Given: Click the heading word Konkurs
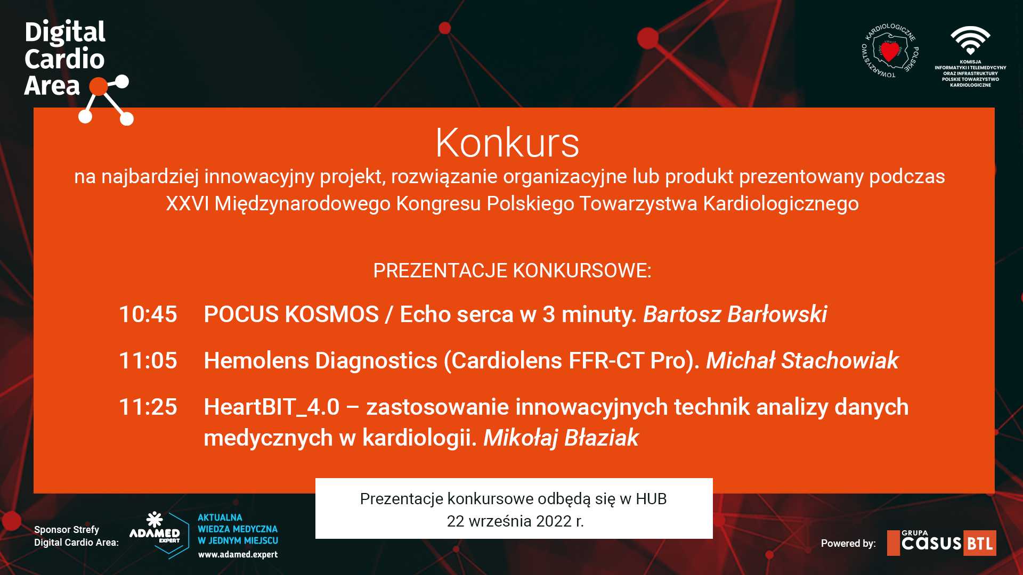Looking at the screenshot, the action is pos(507,143).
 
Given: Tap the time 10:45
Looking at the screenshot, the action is pos(148,314).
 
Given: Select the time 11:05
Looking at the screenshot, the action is pos(148,360).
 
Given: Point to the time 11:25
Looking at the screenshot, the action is pos(148,407).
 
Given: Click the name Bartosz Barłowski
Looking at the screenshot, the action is pos(735,314).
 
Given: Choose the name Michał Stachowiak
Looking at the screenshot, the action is pos(802,360).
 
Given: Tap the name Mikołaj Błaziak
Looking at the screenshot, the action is pos(561,438).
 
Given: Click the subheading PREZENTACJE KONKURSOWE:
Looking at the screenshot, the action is pos(512,270).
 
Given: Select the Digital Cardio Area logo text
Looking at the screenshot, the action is pos(65,59).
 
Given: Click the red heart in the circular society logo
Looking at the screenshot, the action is pos(889,52).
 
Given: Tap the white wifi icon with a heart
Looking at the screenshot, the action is pos(970,40).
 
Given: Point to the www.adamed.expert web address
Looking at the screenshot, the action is pos(238,554).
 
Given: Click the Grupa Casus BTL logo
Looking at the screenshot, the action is pos(941,543).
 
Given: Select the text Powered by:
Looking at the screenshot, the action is pos(848,543).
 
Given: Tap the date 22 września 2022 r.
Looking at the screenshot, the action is pos(515,521).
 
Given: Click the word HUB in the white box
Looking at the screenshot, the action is pos(651,499).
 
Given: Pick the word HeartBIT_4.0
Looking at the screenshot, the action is pos(272,407).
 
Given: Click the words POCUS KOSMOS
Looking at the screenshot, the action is pos(291,314).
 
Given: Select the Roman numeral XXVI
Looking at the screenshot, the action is pos(187,203).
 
